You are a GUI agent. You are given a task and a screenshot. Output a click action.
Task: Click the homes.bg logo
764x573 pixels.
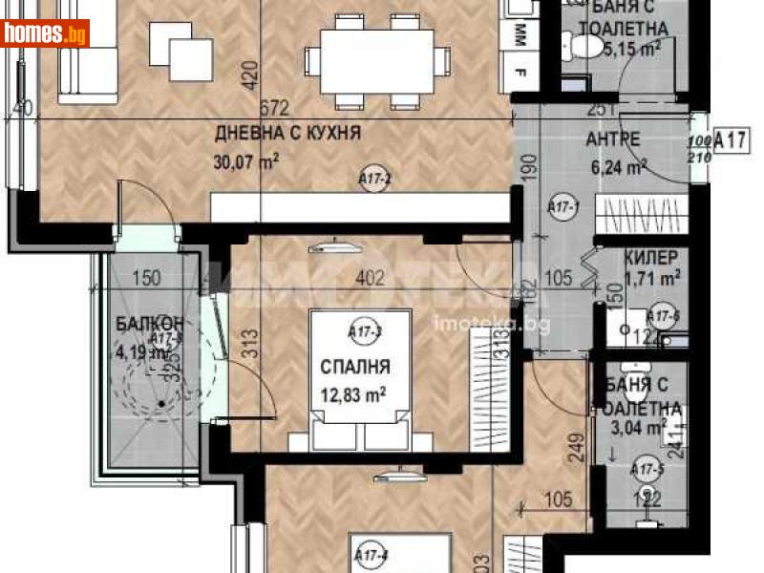click(x=46, y=34)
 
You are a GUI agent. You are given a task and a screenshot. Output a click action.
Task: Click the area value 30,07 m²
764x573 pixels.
click(x=246, y=159)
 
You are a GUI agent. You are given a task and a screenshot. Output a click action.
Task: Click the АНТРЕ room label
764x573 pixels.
click(x=612, y=139)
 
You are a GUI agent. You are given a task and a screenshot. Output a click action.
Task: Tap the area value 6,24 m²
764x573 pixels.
click(x=620, y=165)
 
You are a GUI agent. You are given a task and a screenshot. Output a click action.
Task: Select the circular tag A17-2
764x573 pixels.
click(x=373, y=178)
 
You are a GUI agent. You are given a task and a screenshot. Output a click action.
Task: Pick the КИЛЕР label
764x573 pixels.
click(x=651, y=258)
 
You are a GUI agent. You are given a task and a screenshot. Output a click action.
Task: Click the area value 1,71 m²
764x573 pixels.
click(x=652, y=278)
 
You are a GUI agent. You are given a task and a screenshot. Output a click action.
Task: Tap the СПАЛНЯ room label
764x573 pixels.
click(x=355, y=366)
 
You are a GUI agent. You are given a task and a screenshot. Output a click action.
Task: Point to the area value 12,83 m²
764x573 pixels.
click(x=353, y=393)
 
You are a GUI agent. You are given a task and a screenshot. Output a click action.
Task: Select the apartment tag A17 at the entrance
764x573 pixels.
click(x=730, y=142)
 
